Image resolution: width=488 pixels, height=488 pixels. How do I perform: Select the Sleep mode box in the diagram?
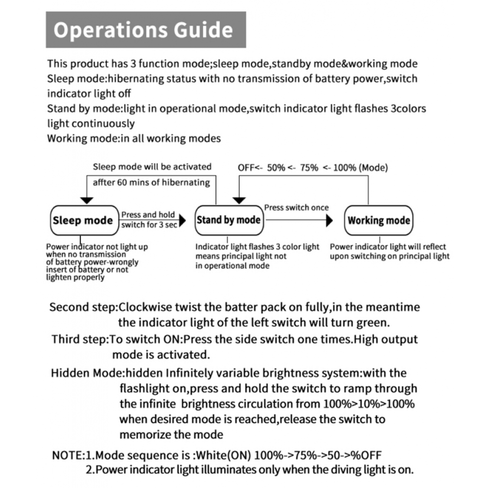[82, 221]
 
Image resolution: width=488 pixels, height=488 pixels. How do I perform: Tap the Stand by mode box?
[228, 220]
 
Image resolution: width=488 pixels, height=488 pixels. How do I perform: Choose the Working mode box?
[379, 220]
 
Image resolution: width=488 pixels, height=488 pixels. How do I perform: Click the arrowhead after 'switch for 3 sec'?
[183, 221]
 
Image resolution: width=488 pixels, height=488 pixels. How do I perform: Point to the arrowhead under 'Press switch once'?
[329, 221]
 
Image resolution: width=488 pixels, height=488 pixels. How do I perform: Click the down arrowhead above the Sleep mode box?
[87, 200]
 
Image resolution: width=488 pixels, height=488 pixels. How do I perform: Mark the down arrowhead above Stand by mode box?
[239, 200]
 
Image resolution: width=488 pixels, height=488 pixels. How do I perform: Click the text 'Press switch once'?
[296, 207]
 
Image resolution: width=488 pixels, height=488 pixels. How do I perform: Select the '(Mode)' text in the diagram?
[373, 168]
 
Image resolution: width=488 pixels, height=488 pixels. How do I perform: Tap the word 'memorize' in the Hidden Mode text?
[143, 434]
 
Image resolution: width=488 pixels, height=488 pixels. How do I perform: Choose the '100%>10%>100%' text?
[369, 404]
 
